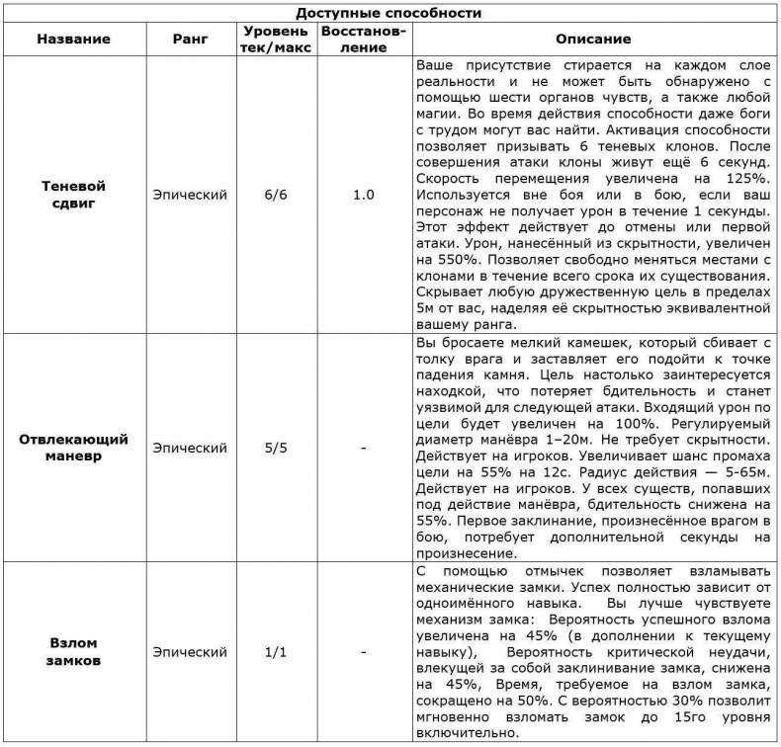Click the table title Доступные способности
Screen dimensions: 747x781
390,13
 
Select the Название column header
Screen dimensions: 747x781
73,39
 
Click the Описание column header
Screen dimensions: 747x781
592,39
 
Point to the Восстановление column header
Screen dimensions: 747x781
363,39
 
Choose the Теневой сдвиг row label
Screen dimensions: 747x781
73,195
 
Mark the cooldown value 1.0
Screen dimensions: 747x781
363,195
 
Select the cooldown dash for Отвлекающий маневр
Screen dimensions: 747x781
363,448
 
